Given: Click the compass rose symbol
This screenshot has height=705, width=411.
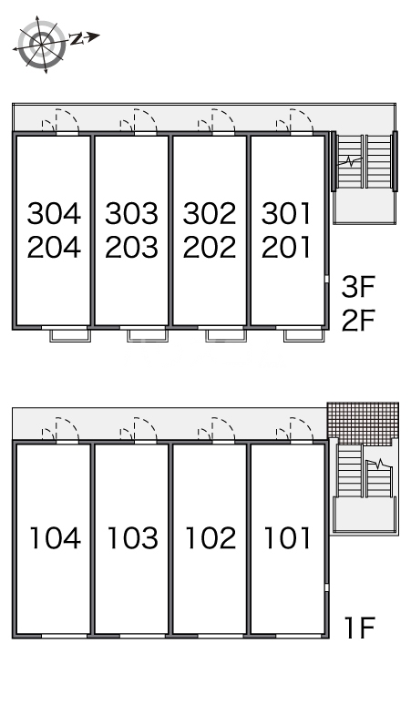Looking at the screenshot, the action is (x=41, y=44).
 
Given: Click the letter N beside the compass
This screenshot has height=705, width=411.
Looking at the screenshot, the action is (x=77, y=39).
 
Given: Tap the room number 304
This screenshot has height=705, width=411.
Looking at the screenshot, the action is (x=55, y=213).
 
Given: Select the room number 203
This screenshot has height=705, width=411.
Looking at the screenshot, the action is (x=132, y=247).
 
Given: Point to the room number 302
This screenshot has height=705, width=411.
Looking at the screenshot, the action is (x=210, y=213).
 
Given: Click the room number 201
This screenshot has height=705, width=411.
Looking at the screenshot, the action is (x=286, y=247).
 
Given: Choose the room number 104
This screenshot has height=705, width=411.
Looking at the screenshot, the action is (x=56, y=537).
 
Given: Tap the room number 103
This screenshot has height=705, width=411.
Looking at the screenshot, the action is (x=133, y=537).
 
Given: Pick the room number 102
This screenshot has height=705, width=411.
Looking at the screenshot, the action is (x=211, y=537).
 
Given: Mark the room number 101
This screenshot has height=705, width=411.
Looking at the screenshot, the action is (x=287, y=537).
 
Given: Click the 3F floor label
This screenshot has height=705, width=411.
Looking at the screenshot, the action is (x=358, y=287).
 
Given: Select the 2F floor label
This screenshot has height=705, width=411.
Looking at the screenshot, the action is (x=358, y=320).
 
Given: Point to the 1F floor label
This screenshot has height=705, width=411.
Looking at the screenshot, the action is (x=359, y=628).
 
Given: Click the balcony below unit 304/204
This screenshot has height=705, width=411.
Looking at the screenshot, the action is (x=70, y=336).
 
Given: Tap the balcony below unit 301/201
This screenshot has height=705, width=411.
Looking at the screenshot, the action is (x=304, y=336).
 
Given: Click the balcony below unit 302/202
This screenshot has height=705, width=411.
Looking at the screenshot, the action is (x=226, y=336).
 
